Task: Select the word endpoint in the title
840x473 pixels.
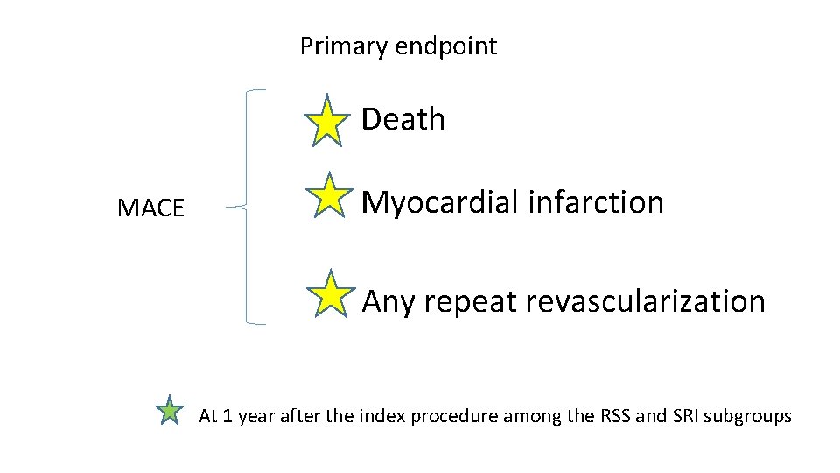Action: click(x=446, y=46)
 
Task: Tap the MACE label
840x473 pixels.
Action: click(x=150, y=208)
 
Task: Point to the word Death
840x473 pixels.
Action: click(x=402, y=119)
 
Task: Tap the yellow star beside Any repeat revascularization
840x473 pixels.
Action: click(x=332, y=294)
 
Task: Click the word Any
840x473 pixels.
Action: click(x=388, y=302)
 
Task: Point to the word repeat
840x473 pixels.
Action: click(x=469, y=302)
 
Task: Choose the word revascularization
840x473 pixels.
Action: click(x=646, y=301)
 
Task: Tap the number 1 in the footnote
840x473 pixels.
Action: click(x=228, y=416)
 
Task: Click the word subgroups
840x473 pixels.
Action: click(x=750, y=417)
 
